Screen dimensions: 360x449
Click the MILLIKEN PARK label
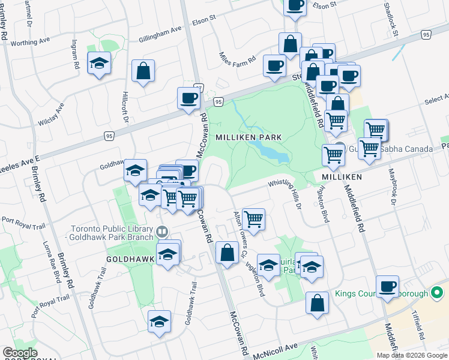click(249, 137)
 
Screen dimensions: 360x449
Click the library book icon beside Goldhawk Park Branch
click(161, 231)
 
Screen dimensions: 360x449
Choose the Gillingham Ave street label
click(160, 30)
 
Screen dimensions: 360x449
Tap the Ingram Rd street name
click(76, 54)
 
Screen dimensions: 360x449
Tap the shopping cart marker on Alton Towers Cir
click(254, 219)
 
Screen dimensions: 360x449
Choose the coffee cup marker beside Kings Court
click(387, 286)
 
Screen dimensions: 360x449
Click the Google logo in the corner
click(20, 353)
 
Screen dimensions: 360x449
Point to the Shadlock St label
click(394, 21)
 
